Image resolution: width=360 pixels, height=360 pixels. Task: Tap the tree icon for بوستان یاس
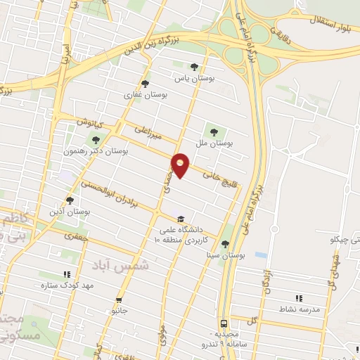[195, 67]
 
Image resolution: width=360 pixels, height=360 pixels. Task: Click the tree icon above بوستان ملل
[212, 130]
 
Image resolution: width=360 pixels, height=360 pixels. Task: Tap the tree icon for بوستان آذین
[70, 200]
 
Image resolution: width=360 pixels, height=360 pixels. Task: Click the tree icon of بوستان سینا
[225, 244]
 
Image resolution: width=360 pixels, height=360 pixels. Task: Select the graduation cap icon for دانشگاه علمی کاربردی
[181, 219]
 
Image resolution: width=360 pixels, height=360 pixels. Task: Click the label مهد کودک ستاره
[67, 285]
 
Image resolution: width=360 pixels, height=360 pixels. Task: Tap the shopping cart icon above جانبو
[119, 297]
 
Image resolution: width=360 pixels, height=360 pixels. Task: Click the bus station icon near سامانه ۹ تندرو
[224, 324]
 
